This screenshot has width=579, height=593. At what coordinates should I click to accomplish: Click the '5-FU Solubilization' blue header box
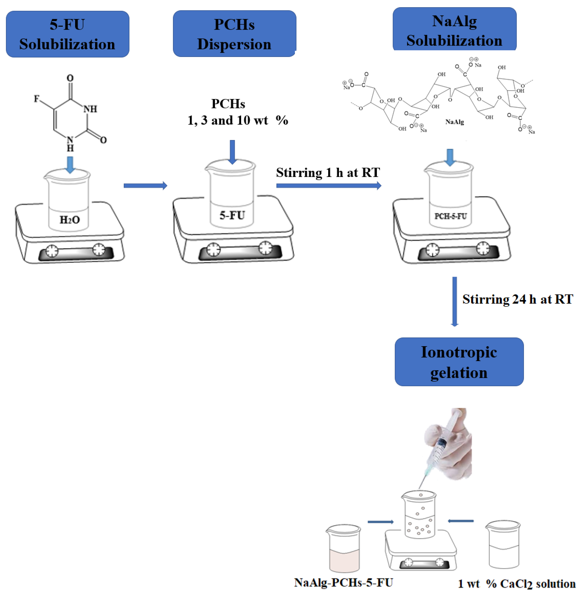[68, 34]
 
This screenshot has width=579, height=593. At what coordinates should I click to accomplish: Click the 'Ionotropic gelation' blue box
[459, 362]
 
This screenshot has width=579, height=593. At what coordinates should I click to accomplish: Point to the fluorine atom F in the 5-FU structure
[36, 99]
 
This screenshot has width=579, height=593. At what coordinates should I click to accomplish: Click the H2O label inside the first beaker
[70, 220]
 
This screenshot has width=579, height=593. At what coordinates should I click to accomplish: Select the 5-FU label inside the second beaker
[232, 215]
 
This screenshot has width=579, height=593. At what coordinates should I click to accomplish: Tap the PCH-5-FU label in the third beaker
[450, 216]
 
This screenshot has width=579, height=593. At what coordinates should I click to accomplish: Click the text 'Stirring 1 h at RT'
[328, 172]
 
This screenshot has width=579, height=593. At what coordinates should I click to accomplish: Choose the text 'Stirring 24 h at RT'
[518, 299]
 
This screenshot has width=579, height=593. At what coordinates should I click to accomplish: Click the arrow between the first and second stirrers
[145, 186]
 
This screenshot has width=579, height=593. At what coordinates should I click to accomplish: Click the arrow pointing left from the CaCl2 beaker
[460, 521]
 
